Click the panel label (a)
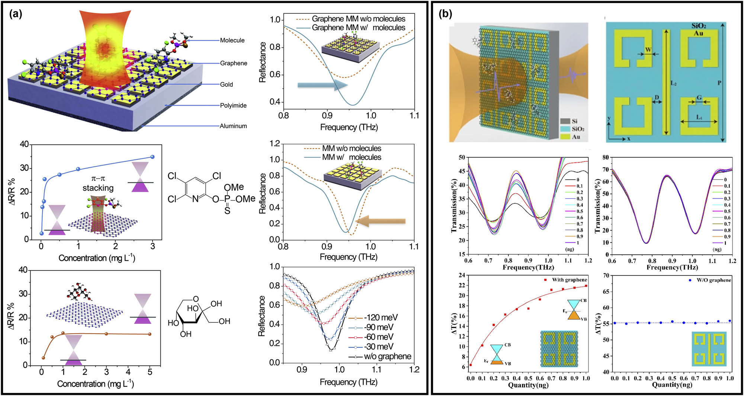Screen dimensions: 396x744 pyautogui.click(x=15, y=14)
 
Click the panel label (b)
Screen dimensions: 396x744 pyautogui.click(x=445, y=14)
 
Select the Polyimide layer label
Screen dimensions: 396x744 pyautogui.click(x=233, y=105)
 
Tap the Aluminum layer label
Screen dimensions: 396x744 pyautogui.click(x=233, y=126)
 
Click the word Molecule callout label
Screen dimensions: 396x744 pyautogui.click(x=232, y=40)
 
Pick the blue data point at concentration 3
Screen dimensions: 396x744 pyautogui.click(x=152, y=157)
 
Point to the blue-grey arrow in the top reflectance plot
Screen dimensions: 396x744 pyautogui.click(x=322, y=85)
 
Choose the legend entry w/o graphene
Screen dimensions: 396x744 pyautogui.click(x=387, y=356)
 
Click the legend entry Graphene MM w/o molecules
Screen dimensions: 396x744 pyautogui.click(x=358, y=19)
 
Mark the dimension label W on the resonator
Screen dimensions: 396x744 pyautogui.click(x=648, y=49)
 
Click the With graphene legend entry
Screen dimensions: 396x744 pyautogui.click(x=569, y=280)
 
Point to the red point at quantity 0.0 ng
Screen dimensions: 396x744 pyautogui.click(x=471, y=365)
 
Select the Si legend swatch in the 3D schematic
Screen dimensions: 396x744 pyautogui.click(x=565, y=121)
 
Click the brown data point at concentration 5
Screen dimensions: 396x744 pyautogui.click(x=150, y=334)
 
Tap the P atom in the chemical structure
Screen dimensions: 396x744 pyautogui.click(x=227, y=199)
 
